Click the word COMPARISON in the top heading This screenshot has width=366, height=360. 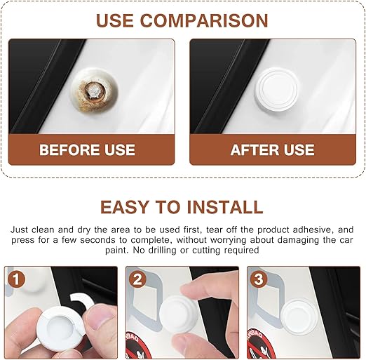point(204,20)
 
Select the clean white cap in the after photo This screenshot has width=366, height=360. point(276,91)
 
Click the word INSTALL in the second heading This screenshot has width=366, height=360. point(225,207)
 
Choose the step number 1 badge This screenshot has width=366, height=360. point(16,279)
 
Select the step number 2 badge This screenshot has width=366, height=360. point(137,279)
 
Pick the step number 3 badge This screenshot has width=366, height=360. point(259,279)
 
